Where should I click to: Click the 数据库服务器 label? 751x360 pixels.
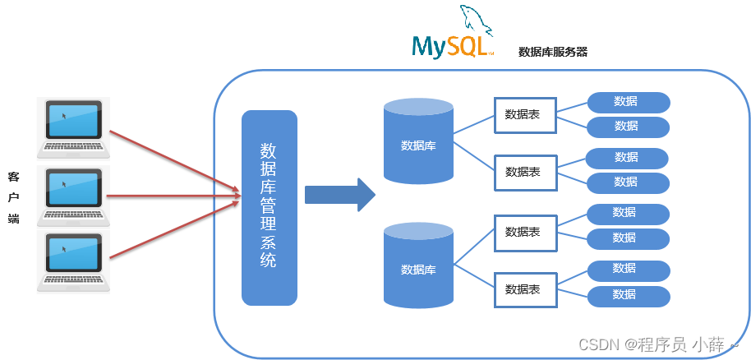(553, 52)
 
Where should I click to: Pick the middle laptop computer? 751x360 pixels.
(72, 196)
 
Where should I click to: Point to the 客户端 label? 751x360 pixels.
(13, 196)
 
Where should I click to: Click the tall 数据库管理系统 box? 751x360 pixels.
(269, 207)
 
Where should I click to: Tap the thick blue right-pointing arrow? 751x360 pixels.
(339, 195)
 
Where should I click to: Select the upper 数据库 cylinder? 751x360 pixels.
(418, 141)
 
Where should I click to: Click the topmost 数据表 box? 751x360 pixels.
(523, 114)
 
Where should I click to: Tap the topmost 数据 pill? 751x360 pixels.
(628, 102)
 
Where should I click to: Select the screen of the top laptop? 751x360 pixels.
(74, 119)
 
